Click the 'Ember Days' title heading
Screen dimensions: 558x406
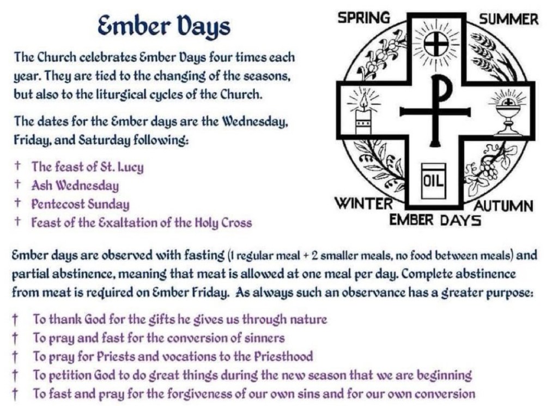163,27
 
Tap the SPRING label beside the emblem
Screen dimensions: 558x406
363,17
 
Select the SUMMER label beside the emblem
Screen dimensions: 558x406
508,19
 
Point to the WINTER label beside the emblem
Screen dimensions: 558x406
363,204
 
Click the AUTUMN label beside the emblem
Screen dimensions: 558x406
504,206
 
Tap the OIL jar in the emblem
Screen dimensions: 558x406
433,181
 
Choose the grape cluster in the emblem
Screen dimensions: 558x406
489,170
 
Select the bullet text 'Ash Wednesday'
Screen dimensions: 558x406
75,186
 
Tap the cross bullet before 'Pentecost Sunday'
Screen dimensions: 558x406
17,203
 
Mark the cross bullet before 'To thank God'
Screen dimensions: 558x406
15,319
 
